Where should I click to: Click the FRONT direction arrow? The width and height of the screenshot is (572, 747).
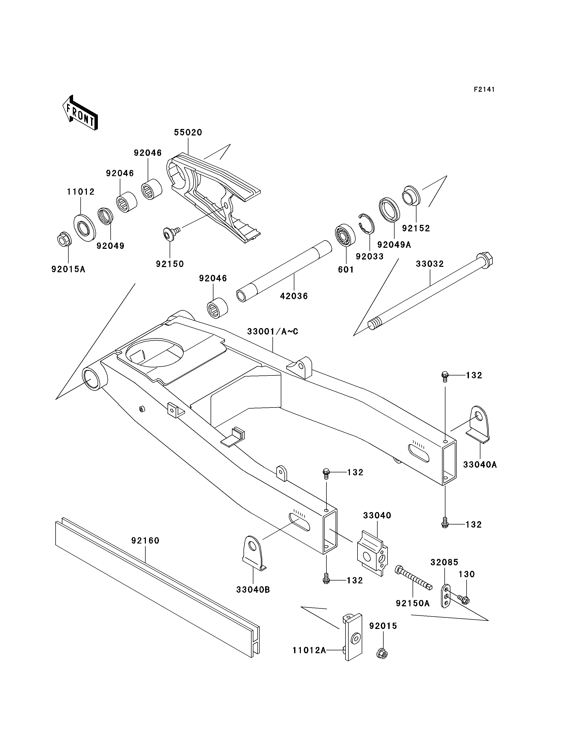pyautogui.click(x=80, y=113)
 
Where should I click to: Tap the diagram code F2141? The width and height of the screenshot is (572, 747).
pyautogui.click(x=484, y=89)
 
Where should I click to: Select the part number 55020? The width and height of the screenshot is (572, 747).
pyautogui.click(x=188, y=132)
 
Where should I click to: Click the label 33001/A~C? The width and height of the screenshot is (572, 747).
pyautogui.click(x=272, y=331)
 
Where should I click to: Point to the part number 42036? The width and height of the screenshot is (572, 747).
pyautogui.click(x=294, y=296)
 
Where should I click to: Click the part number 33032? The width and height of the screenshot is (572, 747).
pyautogui.click(x=430, y=264)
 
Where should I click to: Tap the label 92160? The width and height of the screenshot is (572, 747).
pyautogui.click(x=145, y=540)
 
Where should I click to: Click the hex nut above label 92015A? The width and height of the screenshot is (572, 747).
pyautogui.click(x=64, y=240)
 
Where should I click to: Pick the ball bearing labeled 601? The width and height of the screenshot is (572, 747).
pyautogui.click(x=345, y=234)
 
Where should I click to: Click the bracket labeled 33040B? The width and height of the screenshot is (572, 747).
pyautogui.click(x=254, y=553)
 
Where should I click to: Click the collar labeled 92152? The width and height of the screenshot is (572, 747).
pyautogui.click(x=411, y=196)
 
